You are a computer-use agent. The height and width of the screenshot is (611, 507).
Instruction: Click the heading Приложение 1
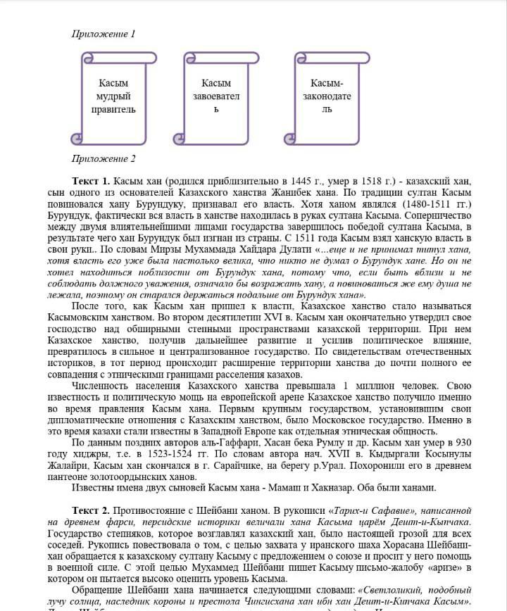pos(104,34)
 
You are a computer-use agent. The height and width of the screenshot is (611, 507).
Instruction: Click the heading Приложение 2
pos(104,159)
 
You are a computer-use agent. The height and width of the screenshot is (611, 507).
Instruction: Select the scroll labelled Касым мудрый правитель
pos(113,96)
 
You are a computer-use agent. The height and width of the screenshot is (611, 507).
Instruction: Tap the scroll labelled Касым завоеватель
pos(216,96)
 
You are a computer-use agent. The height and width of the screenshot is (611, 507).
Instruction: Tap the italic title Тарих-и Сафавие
pos(356,510)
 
